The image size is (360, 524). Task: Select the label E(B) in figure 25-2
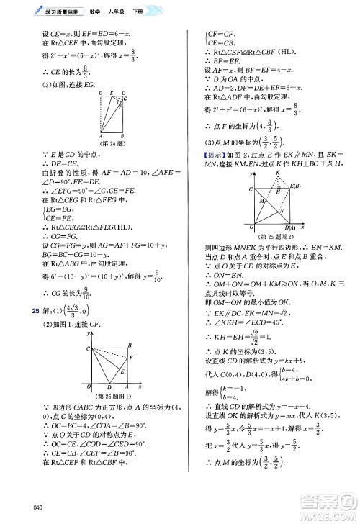coord(294,187)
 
